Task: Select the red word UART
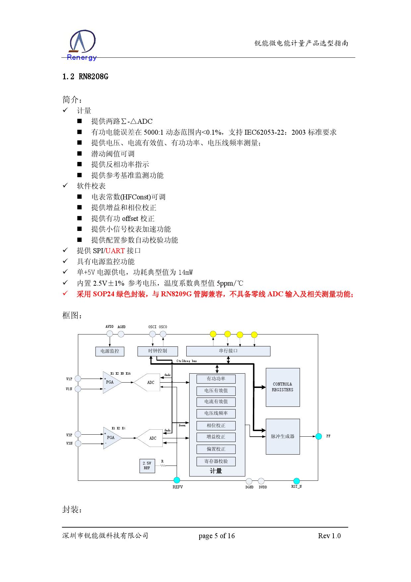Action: pos(115,251)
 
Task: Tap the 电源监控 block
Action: pos(110,351)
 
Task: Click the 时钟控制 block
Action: pos(157,351)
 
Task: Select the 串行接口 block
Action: pos(228,351)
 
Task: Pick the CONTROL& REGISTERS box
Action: pos(282,387)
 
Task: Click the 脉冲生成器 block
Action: pos(282,436)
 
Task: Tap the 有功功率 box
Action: pos(216,379)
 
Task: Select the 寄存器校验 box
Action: pos(216,461)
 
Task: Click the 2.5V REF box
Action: pos(147,466)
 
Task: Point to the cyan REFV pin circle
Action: pos(177,480)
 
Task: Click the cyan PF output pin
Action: pos(319,436)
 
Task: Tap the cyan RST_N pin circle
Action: pos(296,481)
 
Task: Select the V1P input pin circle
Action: pos(78,379)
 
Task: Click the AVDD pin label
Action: pos(109,327)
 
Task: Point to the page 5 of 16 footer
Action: pos(216,536)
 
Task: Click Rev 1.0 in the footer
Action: pos(329,536)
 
